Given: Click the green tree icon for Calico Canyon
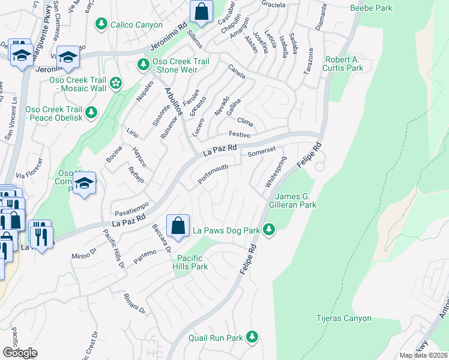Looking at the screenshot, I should coord(101,24).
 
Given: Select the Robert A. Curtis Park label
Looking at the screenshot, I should coord(344,64).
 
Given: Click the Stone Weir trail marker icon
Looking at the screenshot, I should coord(143,64).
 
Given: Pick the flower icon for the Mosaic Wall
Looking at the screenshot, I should coord(116,83).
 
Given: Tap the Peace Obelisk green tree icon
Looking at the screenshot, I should coord(91,112).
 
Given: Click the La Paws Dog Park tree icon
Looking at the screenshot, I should coord(270,229).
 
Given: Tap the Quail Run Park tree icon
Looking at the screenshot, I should coord(253,337).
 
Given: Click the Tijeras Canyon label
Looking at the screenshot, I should coord(344,318).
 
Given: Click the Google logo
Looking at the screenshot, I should coord(20,352).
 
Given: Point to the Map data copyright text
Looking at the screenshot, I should coord(423,355).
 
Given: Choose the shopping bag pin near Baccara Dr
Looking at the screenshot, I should coord(178,226).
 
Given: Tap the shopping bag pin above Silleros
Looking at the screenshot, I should coord(201,11).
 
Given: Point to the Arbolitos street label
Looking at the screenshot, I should coord(176,101).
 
